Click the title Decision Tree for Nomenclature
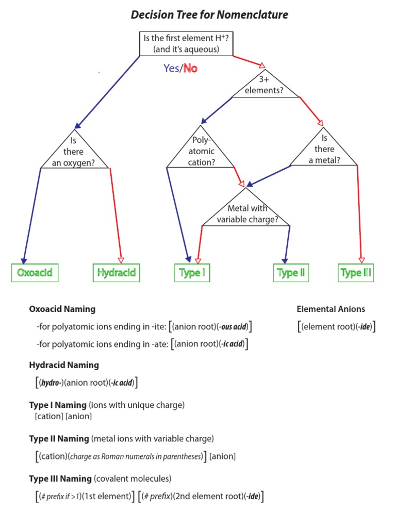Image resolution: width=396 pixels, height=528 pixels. pyautogui.click(x=209, y=15)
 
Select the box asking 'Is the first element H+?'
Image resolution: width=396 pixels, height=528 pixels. pyautogui.click(x=186, y=44)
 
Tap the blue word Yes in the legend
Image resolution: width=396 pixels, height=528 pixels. pyautogui.click(x=170, y=68)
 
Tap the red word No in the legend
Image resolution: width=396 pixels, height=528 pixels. pyautogui.click(x=190, y=68)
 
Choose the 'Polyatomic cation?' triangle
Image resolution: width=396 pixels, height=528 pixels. pyautogui.click(x=202, y=152)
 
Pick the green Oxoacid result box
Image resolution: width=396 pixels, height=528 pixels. pyautogui.click(x=35, y=273)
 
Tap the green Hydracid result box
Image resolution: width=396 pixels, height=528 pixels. pyautogui.click(x=117, y=273)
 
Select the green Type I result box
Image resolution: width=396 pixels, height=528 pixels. pyautogui.click(x=192, y=273)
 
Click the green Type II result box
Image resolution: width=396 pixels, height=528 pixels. pyautogui.click(x=291, y=273)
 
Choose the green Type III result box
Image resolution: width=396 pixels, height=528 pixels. pyautogui.click(x=356, y=273)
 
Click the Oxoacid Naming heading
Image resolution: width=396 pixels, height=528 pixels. pyautogui.click(x=62, y=309)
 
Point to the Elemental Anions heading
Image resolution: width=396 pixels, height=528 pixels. pyautogui.click(x=331, y=309)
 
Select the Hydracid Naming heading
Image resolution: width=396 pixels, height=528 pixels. pyautogui.click(x=64, y=365)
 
